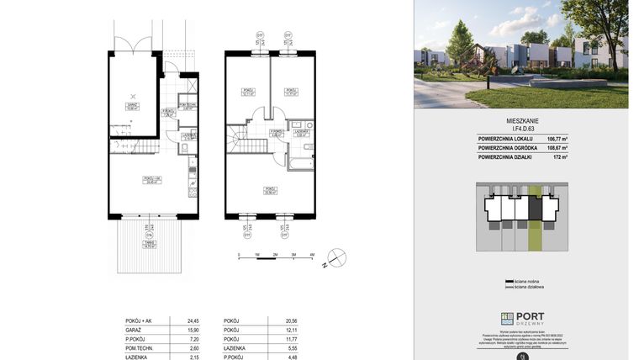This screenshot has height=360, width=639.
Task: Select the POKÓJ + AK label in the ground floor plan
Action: (152, 180)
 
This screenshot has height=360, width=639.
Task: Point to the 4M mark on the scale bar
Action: (311, 254)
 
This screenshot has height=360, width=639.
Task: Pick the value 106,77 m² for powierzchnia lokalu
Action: (600, 138)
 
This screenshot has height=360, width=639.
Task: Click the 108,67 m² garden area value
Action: (600, 148)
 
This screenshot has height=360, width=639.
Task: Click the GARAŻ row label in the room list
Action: (133, 330)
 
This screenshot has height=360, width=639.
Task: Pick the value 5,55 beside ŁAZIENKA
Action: (293, 349)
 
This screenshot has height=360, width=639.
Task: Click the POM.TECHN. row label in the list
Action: (139, 349)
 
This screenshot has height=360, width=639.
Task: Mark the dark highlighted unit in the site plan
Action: (533, 207)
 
